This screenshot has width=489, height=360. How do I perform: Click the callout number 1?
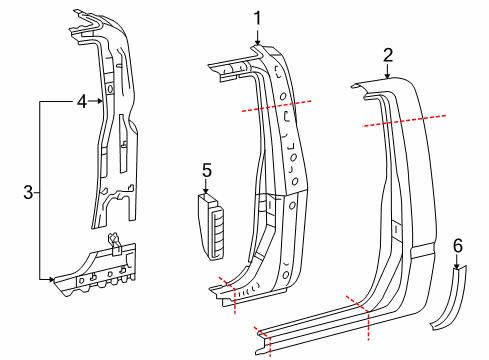tap(256, 17)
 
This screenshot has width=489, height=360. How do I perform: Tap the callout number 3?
tap(27, 190)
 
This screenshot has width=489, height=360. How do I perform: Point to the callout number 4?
tap(83, 99)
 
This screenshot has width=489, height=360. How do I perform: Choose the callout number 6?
tap(458, 245)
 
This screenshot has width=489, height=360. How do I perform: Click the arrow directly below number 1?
tap(256, 36)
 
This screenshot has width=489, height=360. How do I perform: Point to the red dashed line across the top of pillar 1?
tap(275, 104)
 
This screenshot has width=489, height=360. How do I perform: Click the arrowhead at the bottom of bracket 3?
tap(51, 281)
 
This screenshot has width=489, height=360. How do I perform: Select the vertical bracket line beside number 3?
tap(39, 190)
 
